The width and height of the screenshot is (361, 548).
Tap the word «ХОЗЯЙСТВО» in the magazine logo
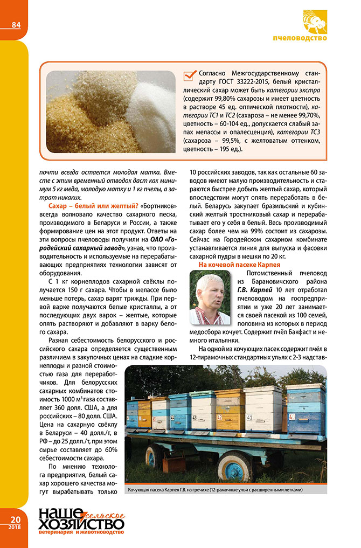point(81,524)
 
